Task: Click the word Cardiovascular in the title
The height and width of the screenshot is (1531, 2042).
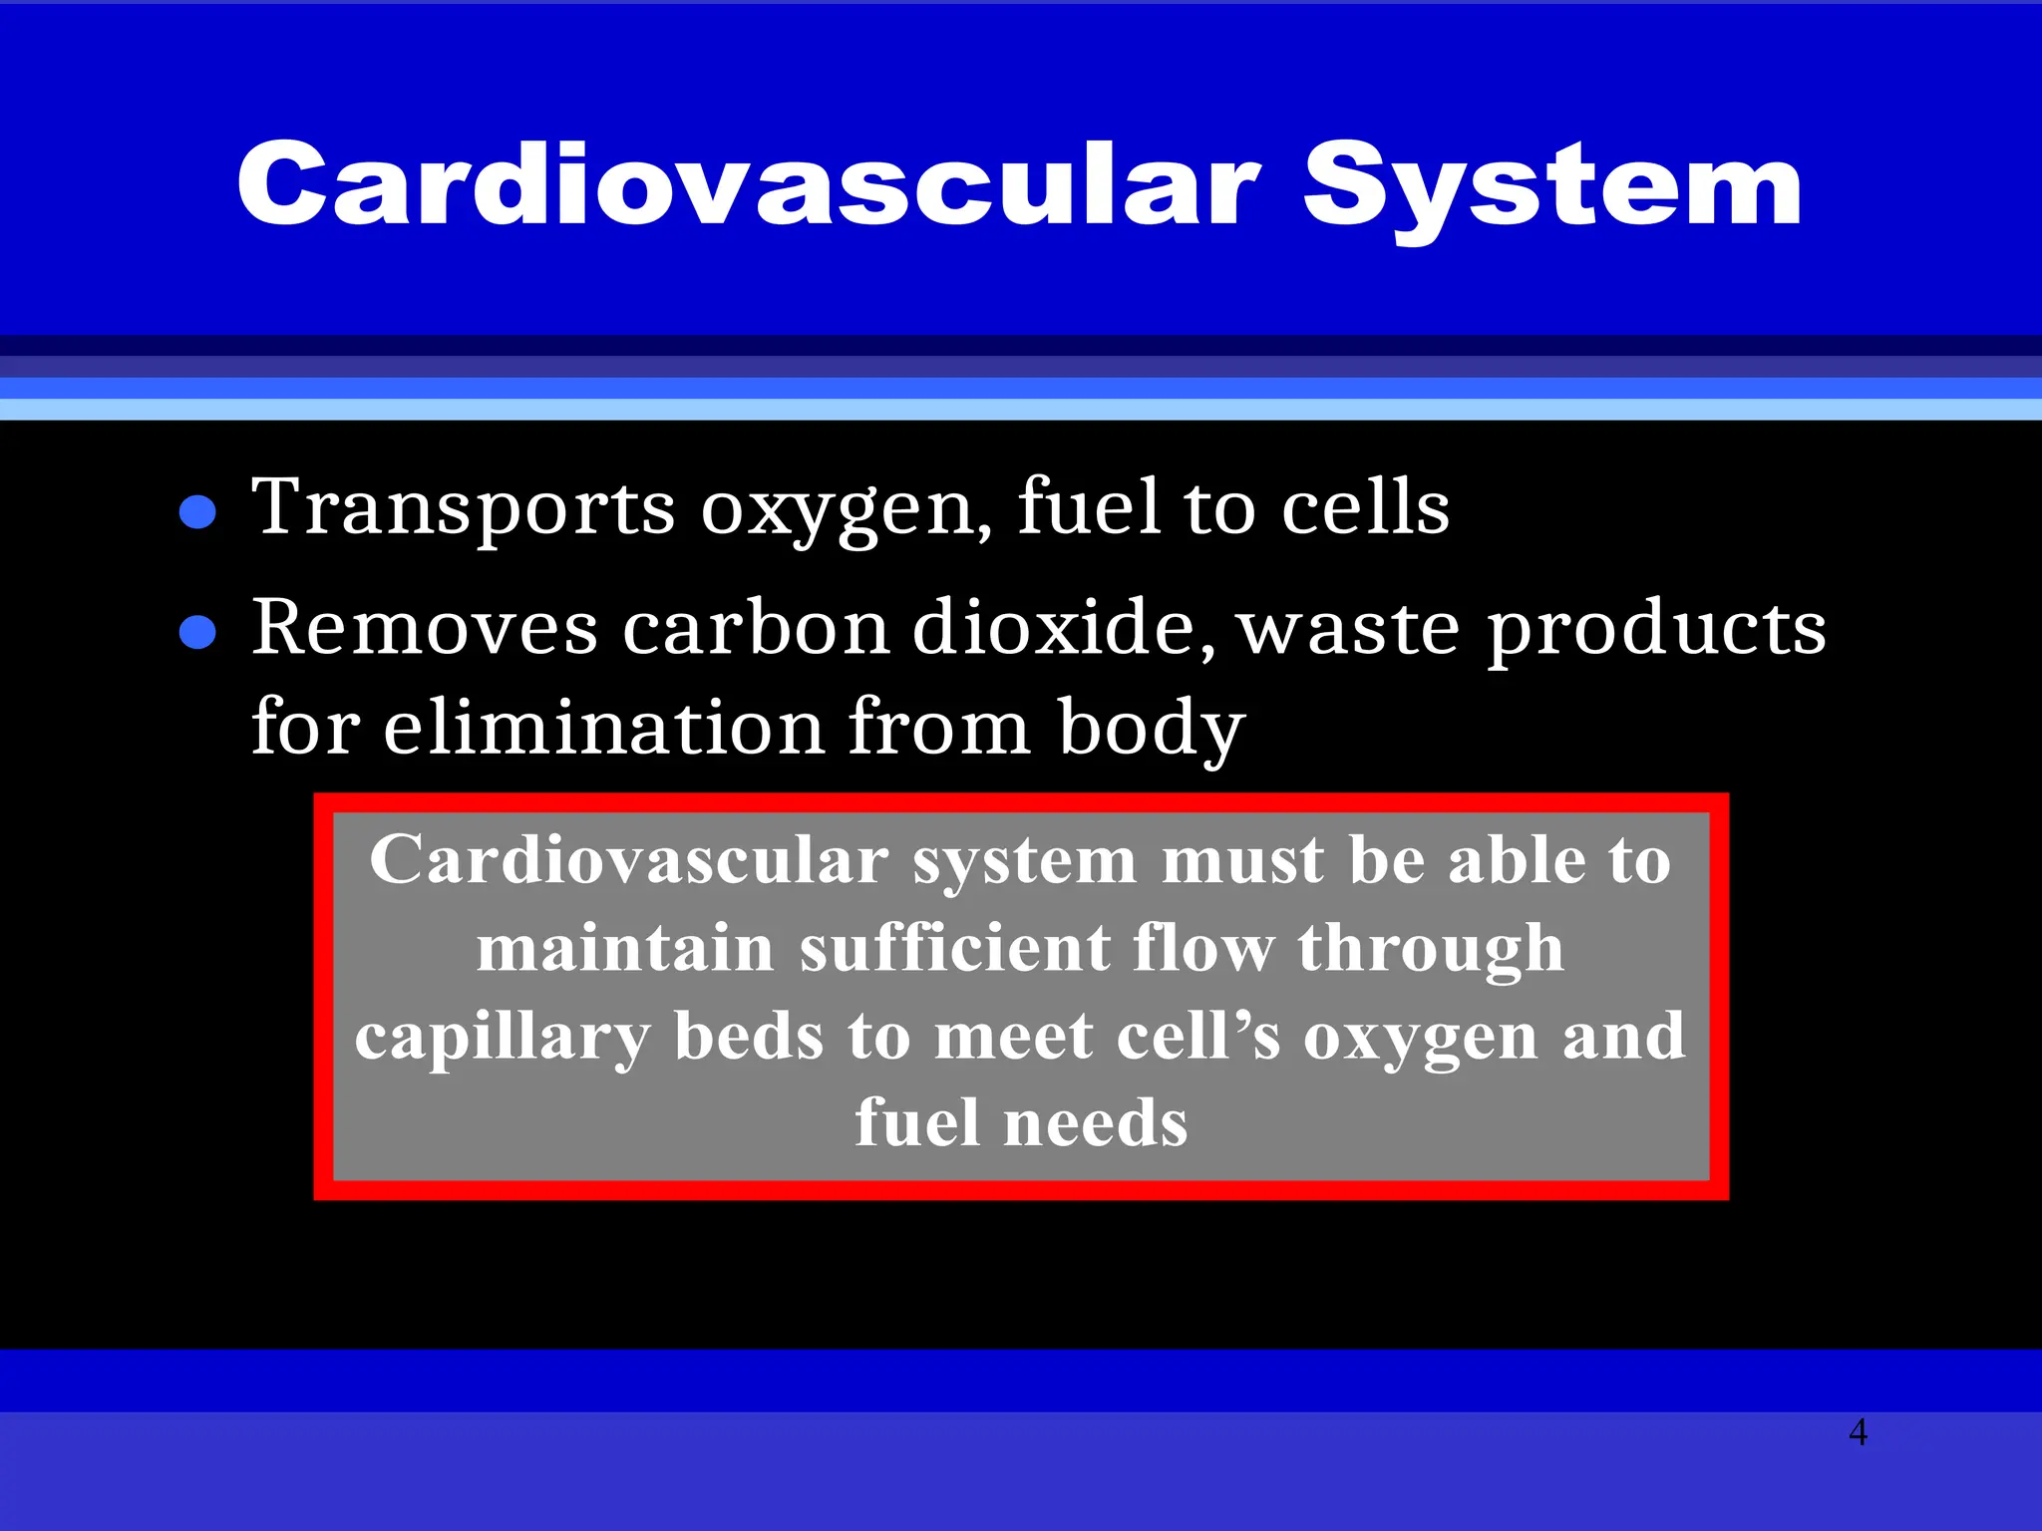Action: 749,185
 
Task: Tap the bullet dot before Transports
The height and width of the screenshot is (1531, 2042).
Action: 197,512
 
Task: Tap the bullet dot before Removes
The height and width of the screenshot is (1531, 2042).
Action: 197,632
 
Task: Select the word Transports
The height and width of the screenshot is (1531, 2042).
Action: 464,508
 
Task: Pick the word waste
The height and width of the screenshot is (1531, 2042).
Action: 1349,630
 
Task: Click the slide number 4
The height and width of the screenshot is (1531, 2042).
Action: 1858,1432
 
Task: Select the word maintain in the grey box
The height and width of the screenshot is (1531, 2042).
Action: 624,948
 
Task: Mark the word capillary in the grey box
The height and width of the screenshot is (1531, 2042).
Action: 502,1038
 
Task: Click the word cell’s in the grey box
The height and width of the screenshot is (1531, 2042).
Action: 1197,1037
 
